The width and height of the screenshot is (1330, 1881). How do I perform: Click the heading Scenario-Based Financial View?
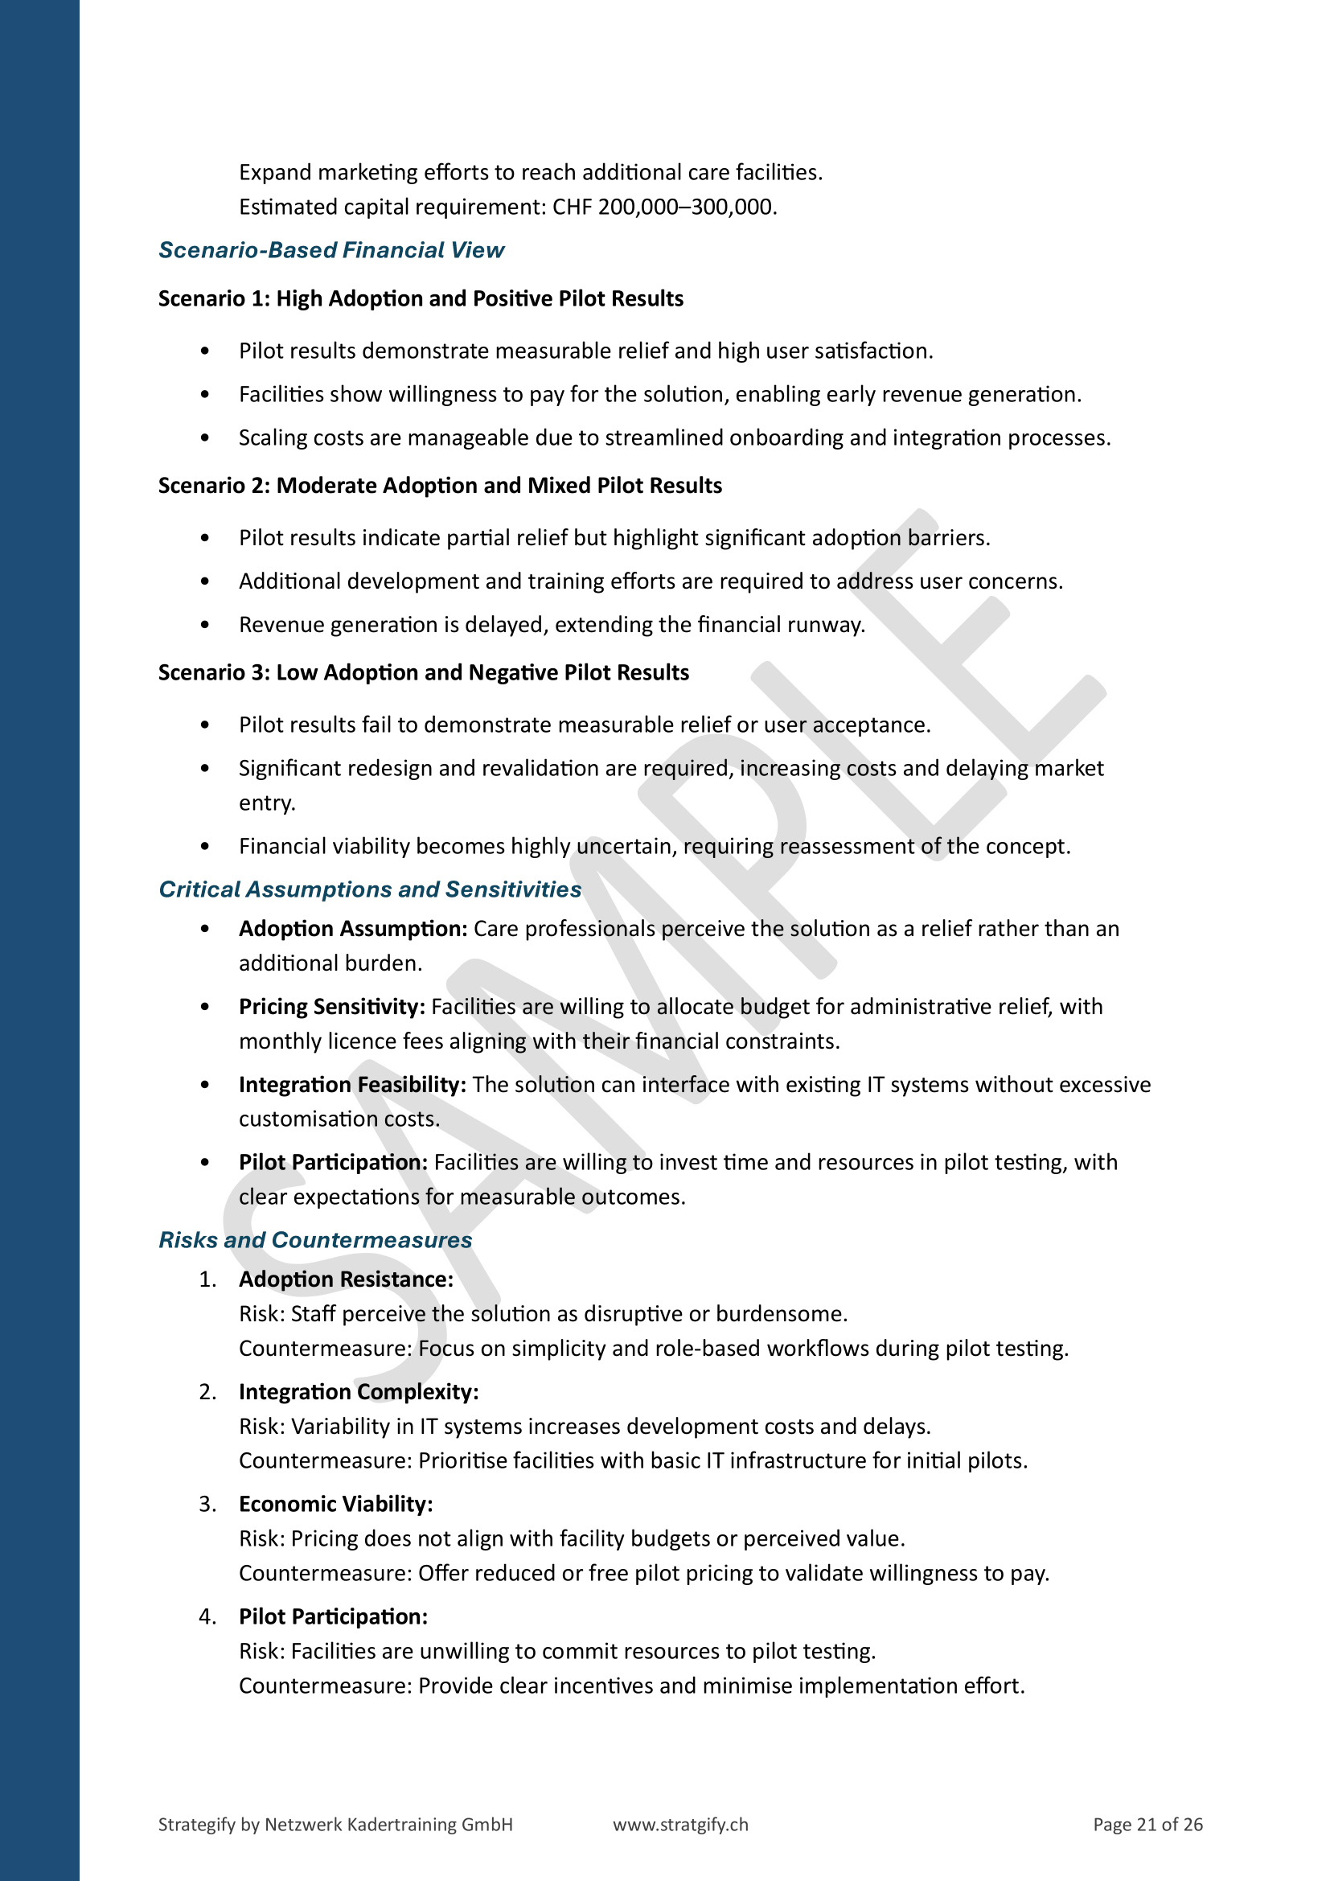pos(330,250)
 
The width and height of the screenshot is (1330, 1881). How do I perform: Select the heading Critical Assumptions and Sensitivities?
pos(369,889)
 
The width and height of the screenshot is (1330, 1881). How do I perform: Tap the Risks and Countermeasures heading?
pos(315,1239)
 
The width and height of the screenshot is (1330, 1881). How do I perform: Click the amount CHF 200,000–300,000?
pos(663,207)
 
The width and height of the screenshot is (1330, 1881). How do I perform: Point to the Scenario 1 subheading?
pos(420,298)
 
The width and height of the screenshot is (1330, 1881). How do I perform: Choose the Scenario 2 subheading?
pos(440,485)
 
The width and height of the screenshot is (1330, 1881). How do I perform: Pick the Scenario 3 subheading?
pos(424,671)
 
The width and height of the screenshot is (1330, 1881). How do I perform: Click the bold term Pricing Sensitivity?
pos(331,1006)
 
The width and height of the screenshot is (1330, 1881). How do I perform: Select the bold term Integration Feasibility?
pos(352,1084)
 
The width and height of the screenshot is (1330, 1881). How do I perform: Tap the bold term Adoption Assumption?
pos(353,928)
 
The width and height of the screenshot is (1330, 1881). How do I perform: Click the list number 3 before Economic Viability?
pos(207,1504)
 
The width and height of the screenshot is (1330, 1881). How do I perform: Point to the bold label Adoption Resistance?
pos(346,1279)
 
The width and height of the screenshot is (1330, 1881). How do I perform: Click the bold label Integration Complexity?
pos(359,1392)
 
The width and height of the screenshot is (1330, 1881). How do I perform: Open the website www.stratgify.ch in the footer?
pos(679,1825)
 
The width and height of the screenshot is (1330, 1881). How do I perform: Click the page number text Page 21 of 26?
pos(1147,1825)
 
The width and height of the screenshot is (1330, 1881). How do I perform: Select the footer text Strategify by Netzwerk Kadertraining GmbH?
pos(335,1825)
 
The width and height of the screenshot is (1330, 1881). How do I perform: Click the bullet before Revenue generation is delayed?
pos(205,625)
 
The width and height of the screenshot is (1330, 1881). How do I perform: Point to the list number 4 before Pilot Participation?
pos(207,1616)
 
